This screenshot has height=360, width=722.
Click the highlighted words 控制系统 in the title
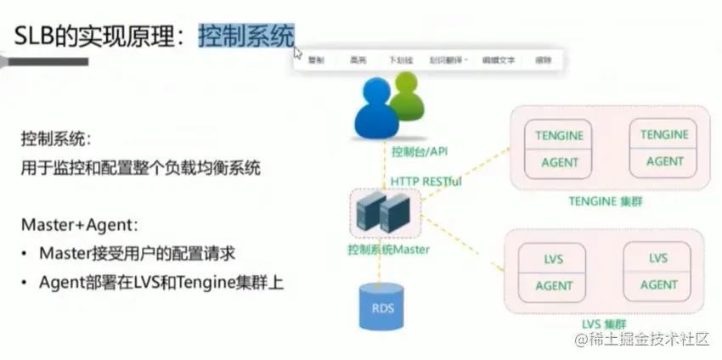tap(246, 35)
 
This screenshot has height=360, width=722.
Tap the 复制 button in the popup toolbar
tap(315, 60)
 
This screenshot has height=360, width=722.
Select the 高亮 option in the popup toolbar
tap(358, 60)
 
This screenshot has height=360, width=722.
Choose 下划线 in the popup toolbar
tap(400, 60)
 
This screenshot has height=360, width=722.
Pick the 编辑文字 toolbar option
tap(499, 60)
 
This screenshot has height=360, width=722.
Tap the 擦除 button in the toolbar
tap(544, 60)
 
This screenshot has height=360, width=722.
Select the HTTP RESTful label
tap(426, 181)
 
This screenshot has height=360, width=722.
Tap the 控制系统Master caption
tap(388, 250)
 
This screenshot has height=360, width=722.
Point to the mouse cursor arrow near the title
tap(297, 53)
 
